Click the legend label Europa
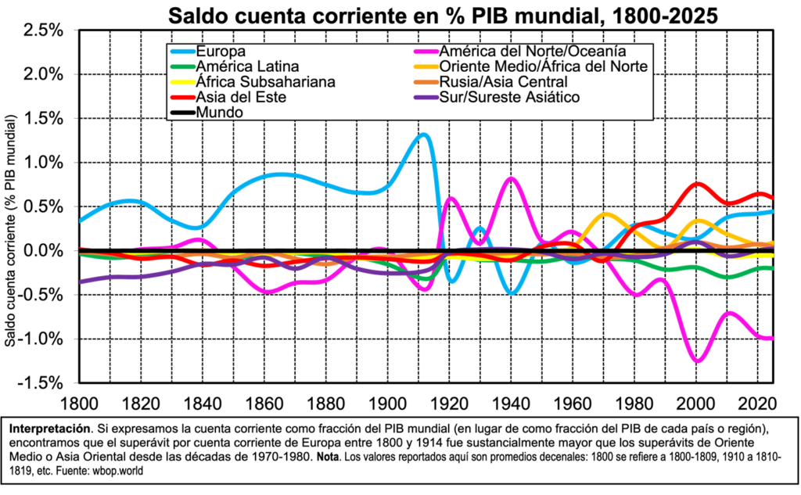pos(221,52)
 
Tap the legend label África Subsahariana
pos(265,82)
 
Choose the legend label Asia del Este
pos(241,97)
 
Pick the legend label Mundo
pos(219,113)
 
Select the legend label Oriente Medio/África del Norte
pos(543,66)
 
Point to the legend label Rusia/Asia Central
pos(503,82)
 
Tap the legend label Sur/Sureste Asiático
pos(509,97)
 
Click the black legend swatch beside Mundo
pos(182,113)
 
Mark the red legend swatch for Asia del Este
pos(182,97)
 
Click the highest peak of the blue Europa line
pos(423,134)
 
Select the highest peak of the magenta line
pos(511,178)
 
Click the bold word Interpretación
pos(48,430)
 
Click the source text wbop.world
pos(120,471)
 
